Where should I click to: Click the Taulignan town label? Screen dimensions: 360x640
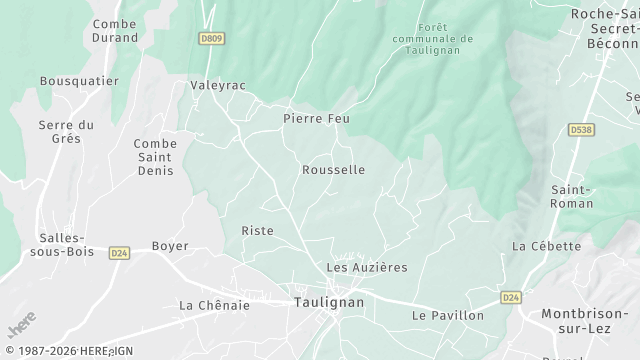click(x=329, y=301)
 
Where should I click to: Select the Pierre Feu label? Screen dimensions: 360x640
click(x=317, y=118)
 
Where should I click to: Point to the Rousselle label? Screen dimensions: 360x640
click(x=333, y=170)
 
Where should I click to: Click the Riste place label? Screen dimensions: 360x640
click(x=257, y=231)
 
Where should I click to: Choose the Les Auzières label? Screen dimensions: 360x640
click(x=367, y=268)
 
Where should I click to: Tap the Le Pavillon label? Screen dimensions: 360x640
click(x=447, y=316)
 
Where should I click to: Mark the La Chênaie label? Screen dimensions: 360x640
click(x=213, y=305)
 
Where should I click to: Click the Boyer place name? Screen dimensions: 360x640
click(x=170, y=246)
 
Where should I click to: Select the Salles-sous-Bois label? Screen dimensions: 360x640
click(x=66, y=245)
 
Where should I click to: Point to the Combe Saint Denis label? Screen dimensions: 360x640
click(x=155, y=157)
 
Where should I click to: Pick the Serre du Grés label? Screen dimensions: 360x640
click(x=66, y=131)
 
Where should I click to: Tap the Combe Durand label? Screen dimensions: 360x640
click(x=114, y=30)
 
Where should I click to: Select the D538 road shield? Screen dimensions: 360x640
click(x=580, y=129)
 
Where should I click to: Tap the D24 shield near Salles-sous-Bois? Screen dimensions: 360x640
click(x=120, y=253)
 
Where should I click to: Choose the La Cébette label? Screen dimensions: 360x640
click(x=546, y=246)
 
